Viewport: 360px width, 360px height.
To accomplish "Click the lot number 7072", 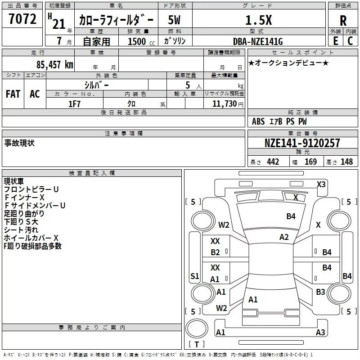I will coord(22,19).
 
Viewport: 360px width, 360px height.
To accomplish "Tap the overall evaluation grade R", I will coord(343,21).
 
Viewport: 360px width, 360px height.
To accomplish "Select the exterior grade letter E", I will coord(335,41).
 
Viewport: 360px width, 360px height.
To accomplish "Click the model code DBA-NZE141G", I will coord(260,41).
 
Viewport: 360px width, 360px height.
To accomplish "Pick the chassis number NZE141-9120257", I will coord(302,144).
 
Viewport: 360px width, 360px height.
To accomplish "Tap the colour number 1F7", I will coord(74,103).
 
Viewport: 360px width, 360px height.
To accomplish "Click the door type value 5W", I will coord(175,20).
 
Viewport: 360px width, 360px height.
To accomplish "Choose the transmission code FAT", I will coord(13,94).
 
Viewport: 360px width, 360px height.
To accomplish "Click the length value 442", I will coord(273,162).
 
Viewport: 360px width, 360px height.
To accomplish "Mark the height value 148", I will coord(346,162).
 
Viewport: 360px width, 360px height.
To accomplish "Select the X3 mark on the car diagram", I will coord(321,184).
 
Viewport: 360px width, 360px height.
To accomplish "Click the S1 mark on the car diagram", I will coord(194,276).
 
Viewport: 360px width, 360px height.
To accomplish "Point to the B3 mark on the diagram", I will coord(320,292).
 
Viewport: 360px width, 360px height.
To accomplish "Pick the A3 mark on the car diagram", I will coord(320,333).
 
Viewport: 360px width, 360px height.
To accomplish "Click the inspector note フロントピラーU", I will coord(31,189).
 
